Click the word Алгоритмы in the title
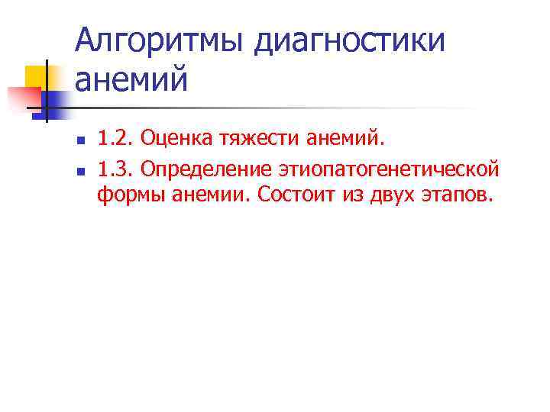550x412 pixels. pyautogui.click(x=160, y=40)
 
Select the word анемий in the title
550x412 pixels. pyautogui.click(x=131, y=79)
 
